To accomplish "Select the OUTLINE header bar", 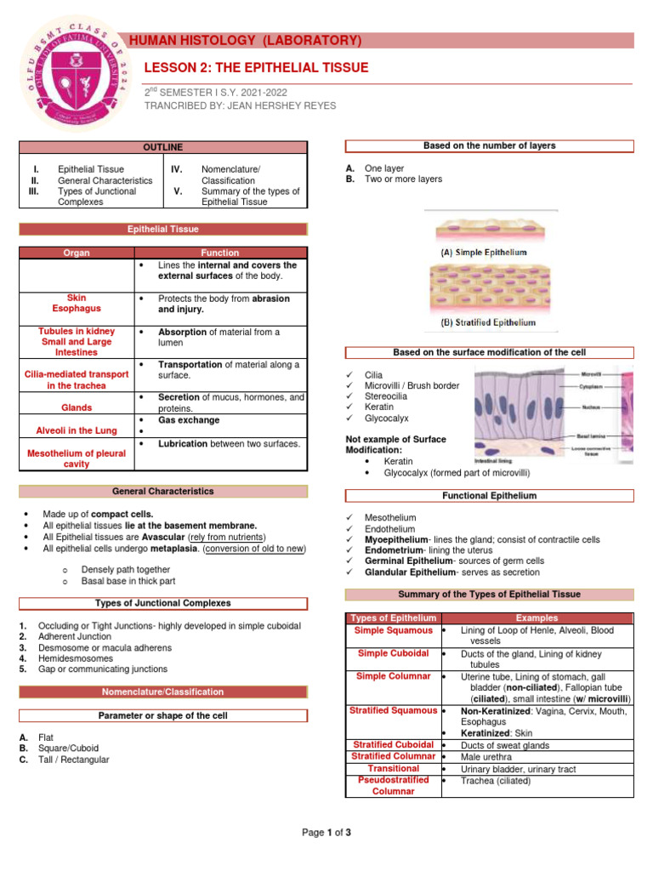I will [x=162, y=147].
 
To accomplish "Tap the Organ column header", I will [x=77, y=253].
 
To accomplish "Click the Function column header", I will [x=220, y=253].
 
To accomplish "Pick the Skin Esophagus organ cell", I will [x=77, y=305].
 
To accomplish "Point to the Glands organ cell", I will [x=77, y=408].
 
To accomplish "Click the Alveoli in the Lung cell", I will [x=77, y=431].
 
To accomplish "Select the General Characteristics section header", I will [x=162, y=492].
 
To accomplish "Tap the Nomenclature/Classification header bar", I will [x=162, y=692].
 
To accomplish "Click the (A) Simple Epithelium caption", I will [x=483, y=253].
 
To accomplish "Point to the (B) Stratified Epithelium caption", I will [x=487, y=323].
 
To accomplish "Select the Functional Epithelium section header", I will [x=489, y=496].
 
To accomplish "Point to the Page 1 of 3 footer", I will [x=326, y=833].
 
